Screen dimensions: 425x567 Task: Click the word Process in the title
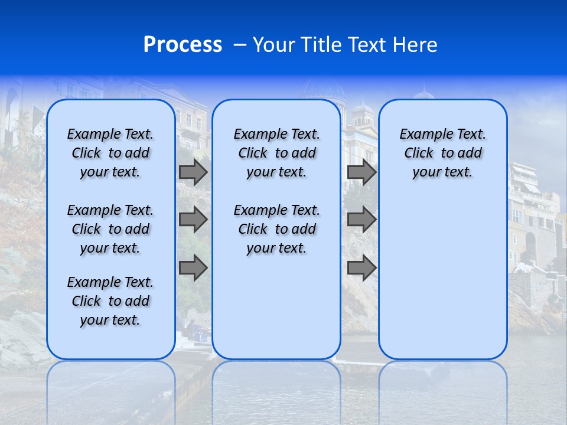click(183, 45)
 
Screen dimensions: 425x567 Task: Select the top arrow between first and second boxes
click(193, 172)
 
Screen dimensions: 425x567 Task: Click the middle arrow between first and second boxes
click(193, 220)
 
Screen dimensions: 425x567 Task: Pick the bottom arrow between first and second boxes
click(193, 267)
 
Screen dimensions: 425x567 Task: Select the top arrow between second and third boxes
click(361, 172)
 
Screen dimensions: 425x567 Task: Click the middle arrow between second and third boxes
click(361, 220)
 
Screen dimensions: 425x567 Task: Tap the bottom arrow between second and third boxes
click(361, 267)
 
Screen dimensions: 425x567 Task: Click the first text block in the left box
click(110, 153)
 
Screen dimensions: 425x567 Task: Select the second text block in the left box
click(110, 229)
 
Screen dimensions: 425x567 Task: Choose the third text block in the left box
click(110, 301)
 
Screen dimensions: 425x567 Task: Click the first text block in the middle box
click(276, 153)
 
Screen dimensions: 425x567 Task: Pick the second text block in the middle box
click(276, 229)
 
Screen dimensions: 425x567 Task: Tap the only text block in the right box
click(442, 153)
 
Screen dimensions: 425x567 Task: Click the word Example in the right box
click(421, 135)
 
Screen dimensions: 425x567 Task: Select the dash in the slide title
click(240, 45)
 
